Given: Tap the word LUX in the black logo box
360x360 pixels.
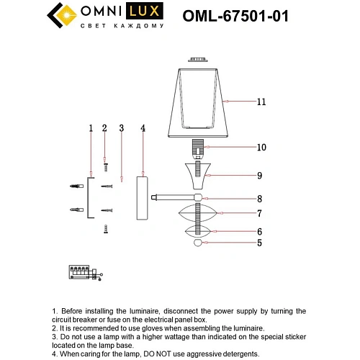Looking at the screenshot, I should point(148,12).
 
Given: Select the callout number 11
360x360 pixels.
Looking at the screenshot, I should point(260,102).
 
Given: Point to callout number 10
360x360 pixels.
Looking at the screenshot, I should point(261,148).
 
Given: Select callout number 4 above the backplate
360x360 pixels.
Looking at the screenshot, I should point(143,128).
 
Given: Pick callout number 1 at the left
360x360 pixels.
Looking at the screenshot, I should point(91,128).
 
